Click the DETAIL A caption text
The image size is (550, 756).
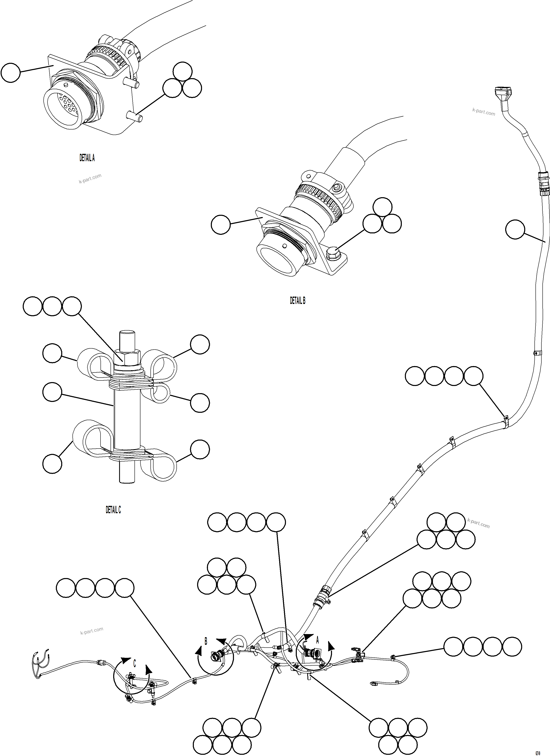pyautogui.click(x=87, y=158)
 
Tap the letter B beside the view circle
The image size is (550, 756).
pyautogui.click(x=206, y=641)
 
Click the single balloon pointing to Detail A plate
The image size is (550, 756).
pyautogui.click(x=11, y=73)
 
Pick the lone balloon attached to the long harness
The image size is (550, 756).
pyautogui.click(x=515, y=229)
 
